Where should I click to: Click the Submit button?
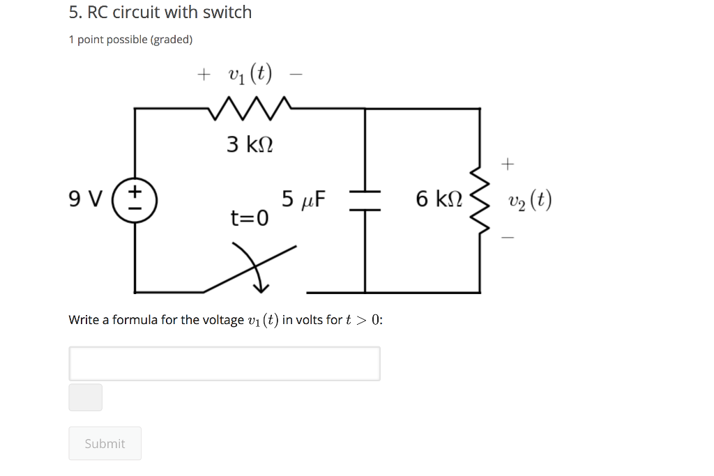click(x=105, y=443)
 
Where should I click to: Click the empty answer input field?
click(x=224, y=363)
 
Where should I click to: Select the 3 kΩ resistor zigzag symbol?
click(x=249, y=107)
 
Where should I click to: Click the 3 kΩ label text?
click(x=250, y=144)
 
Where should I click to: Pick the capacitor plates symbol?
click(x=364, y=199)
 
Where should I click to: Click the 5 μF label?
click(x=304, y=199)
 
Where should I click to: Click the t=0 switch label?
click(x=249, y=219)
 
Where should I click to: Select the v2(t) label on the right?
click(x=530, y=201)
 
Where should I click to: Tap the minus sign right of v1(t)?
click(x=298, y=74)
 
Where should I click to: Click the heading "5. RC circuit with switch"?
click(x=160, y=13)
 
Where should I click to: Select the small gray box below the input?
click(x=85, y=397)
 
